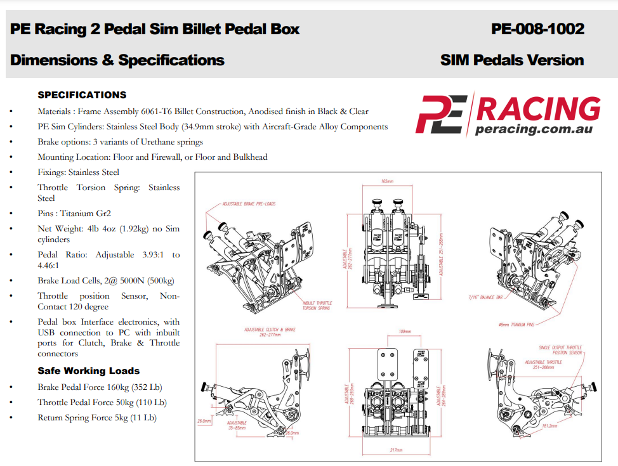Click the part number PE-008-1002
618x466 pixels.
[537, 29]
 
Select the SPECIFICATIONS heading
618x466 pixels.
[82, 95]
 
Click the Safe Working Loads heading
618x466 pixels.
[88, 371]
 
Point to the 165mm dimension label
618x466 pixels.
[387, 181]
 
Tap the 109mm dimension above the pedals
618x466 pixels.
[405, 332]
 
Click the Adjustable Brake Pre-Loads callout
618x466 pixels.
[249, 204]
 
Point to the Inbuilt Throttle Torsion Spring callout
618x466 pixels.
[317, 306]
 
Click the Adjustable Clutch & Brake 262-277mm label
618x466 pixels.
[270, 332]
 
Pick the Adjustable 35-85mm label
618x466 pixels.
[237, 425]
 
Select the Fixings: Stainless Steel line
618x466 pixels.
[78, 172]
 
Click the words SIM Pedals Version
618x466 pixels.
[511, 60]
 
